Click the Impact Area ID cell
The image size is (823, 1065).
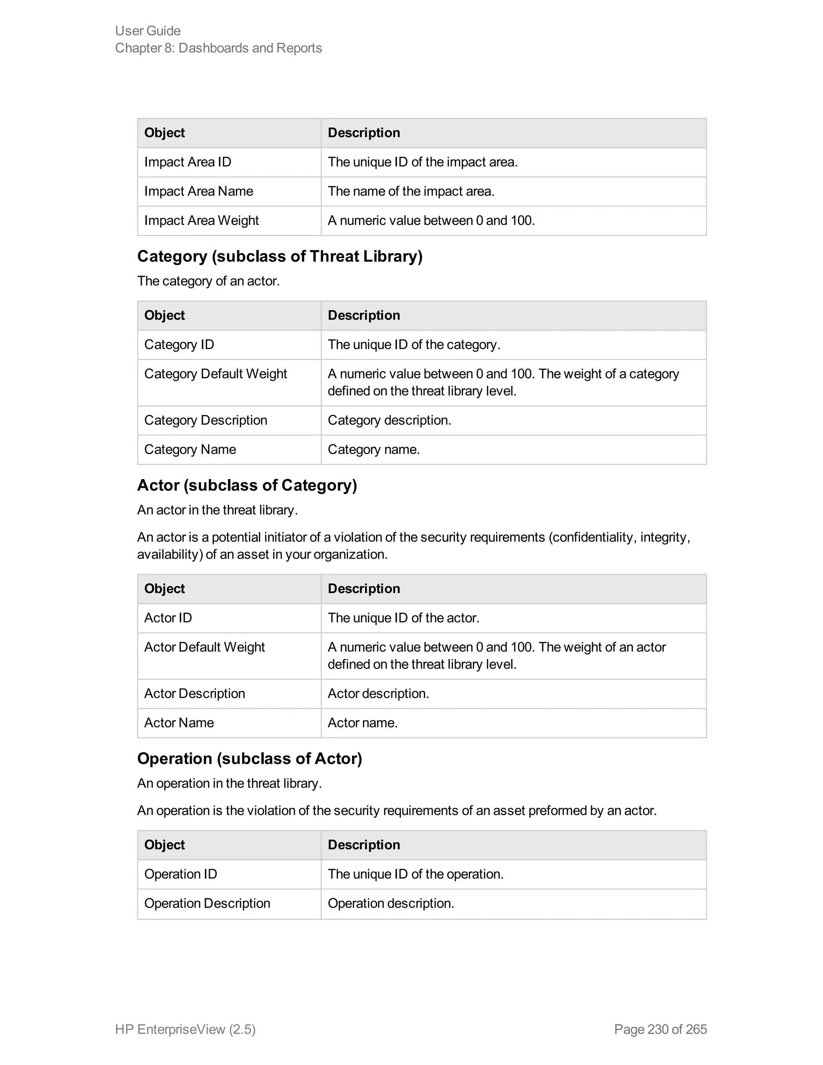[188, 162]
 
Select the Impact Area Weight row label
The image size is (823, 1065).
[201, 220]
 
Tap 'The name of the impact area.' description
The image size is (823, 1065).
[411, 191]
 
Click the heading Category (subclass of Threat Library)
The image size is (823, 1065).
[279, 256]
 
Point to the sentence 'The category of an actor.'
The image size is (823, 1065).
[208, 281]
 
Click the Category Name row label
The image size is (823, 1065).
[190, 449]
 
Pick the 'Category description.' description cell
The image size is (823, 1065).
[389, 420]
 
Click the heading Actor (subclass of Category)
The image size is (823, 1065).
[247, 485]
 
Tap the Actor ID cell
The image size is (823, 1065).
[168, 617]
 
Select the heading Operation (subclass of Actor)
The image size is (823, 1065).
[249, 758]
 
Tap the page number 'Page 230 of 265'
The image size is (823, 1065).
[660, 1029]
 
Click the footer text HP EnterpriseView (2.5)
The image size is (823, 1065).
[185, 1029]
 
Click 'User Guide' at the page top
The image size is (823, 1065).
[148, 31]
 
